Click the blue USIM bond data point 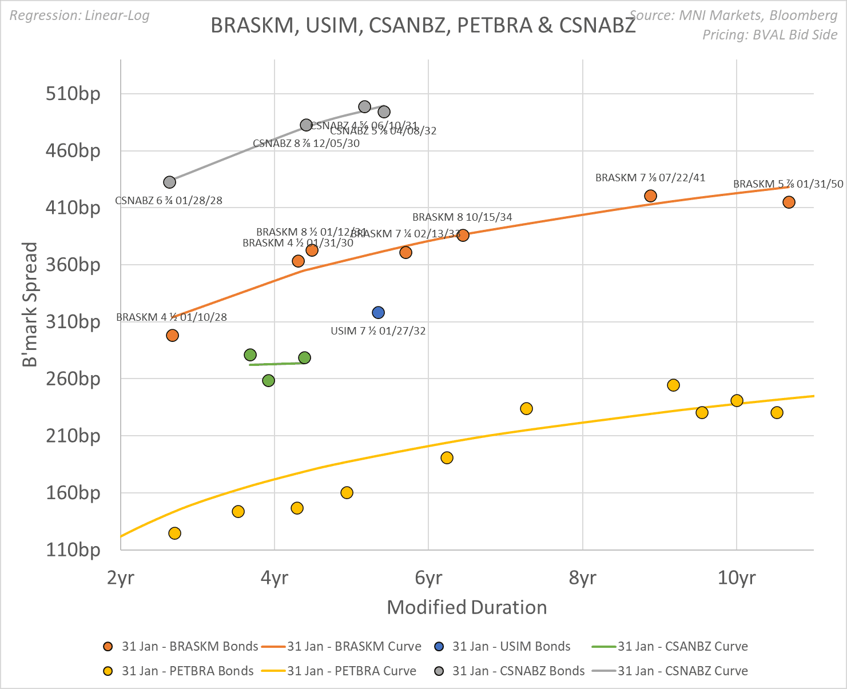coord(378,313)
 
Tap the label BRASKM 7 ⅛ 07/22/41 coord(650,178)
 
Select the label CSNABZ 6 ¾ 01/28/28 coord(169,201)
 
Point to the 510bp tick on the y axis coord(73,93)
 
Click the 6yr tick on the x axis coord(428,578)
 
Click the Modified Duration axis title coord(467,607)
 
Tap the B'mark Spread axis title coord(30,304)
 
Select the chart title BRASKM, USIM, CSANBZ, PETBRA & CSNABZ coord(423,26)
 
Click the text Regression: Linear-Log coord(79,15)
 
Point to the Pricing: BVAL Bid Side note coord(770,35)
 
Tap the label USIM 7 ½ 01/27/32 coord(378,331)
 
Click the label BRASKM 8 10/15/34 coord(462,217)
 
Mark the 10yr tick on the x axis coord(736,578)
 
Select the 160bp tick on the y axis coord(73,493)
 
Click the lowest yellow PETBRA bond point coord(174,533)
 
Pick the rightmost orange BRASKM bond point coord(789,202)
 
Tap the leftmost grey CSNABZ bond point coord(169,182)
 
